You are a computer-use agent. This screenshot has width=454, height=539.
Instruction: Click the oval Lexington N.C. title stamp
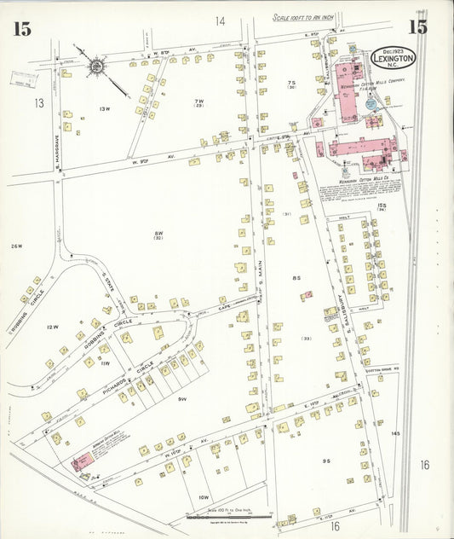394,58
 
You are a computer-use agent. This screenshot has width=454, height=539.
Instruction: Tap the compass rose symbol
95,64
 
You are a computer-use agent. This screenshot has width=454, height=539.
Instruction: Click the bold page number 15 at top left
22,28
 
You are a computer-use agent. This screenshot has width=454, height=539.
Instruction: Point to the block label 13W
106,109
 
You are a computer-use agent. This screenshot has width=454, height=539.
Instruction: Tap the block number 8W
158,235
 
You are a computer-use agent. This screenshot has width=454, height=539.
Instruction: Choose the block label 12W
53,327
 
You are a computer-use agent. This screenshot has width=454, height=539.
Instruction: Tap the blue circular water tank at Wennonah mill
371,103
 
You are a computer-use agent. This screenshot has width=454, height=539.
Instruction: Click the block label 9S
326,461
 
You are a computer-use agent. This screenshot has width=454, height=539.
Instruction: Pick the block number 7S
291,83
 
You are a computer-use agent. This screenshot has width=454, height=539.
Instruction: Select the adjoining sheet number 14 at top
221,20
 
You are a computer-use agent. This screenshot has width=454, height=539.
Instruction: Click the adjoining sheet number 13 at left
37,103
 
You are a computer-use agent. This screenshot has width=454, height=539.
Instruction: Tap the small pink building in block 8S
306,296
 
